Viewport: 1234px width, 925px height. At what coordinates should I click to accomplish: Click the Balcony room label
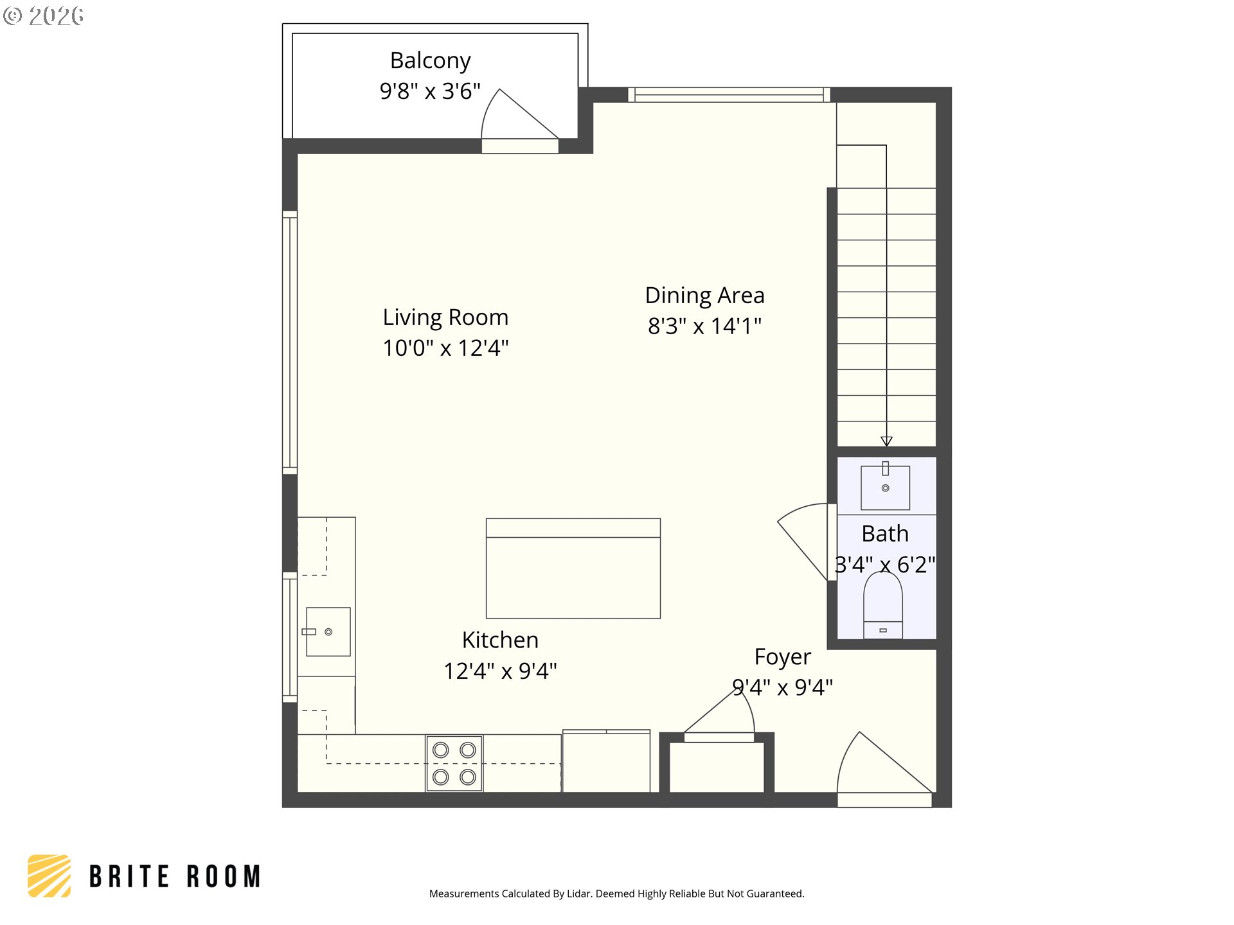[430, 61]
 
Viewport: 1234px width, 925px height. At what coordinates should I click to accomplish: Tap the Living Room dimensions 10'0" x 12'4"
[445, 348]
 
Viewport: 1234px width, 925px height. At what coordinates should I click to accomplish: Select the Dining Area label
[704, 295]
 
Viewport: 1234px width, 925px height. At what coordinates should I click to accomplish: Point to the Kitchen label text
[500, 640]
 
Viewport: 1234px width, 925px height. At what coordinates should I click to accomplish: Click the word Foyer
[782, 657]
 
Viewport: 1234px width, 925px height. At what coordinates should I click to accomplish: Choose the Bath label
[885, 534]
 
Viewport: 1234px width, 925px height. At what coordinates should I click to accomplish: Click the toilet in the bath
[883, 605]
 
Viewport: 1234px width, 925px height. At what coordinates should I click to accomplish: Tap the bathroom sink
[885, 487]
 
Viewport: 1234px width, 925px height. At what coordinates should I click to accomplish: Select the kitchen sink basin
[328, 631]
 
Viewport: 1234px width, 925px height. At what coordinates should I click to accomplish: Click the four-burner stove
[454, 763]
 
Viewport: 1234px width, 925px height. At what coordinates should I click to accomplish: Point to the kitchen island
[573, 568]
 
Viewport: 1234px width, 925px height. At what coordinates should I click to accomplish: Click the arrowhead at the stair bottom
[886, 441]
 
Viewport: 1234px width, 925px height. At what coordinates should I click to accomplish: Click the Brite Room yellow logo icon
[49, 876]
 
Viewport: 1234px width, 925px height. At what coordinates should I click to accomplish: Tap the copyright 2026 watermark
[43, 16]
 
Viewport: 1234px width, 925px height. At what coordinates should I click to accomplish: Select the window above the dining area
[729, 95]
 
